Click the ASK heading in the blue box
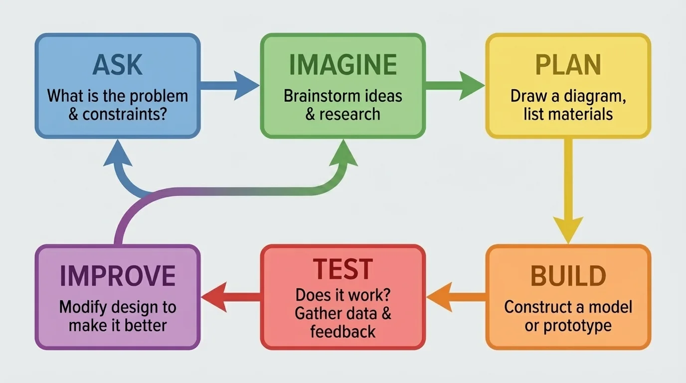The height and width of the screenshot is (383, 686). [117, 65]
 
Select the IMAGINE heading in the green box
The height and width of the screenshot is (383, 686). [343, 65]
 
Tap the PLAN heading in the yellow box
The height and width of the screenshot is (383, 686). [568, 65]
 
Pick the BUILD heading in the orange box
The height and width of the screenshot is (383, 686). [568, 276]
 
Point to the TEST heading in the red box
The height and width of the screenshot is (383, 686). [343, 269]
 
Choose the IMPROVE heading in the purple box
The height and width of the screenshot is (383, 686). [117, 276]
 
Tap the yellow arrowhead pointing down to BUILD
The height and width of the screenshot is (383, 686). [568, 229]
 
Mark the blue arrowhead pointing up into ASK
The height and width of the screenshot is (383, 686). [118, 152]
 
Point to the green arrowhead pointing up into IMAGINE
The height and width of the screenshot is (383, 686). [343, 152]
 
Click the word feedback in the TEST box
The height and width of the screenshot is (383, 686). [343, 332]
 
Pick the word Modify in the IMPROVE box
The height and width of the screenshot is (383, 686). [83, 307]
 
